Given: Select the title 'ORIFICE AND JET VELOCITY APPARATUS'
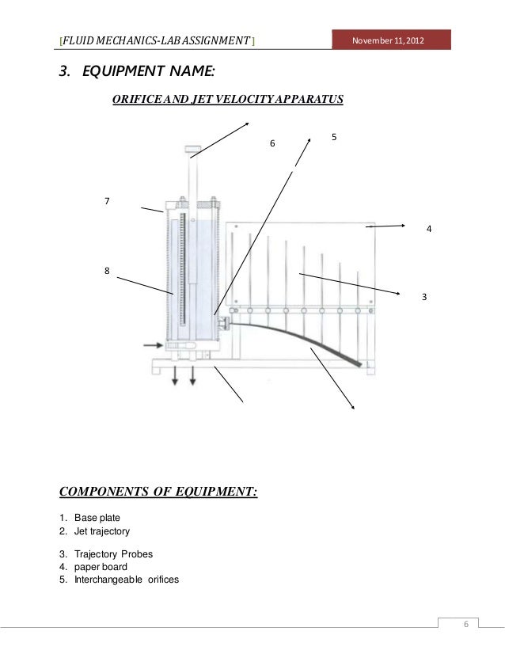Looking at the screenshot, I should click(x=227, y=101).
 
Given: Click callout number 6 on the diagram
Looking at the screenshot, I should click(x=272, y=144).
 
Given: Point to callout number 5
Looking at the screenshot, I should click(x=335, y=137).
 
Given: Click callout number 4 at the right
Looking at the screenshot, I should click(x=428, y=229).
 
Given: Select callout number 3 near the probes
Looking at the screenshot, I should click(x=424, y=296).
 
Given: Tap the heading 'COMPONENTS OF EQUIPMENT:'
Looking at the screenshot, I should click(x=159, y=492).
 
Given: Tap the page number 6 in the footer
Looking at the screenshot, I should click(x=466, y=625).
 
